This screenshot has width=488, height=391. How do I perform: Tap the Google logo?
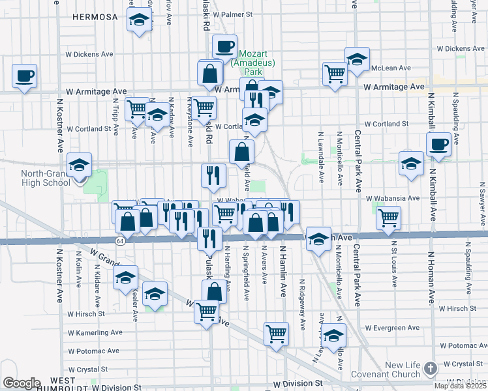(21, 383)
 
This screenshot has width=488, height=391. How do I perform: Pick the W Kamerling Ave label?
(94, 332)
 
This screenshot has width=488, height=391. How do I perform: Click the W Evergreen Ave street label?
(392, 328)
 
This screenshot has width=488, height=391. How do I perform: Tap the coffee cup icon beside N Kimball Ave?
(438, 144)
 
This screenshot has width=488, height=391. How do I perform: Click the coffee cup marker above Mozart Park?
(225, 46)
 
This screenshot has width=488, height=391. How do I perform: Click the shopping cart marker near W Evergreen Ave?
(277, 334)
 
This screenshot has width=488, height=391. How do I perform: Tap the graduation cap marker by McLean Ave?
(357, 59)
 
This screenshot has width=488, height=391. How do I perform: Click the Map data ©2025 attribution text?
(461, 386)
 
